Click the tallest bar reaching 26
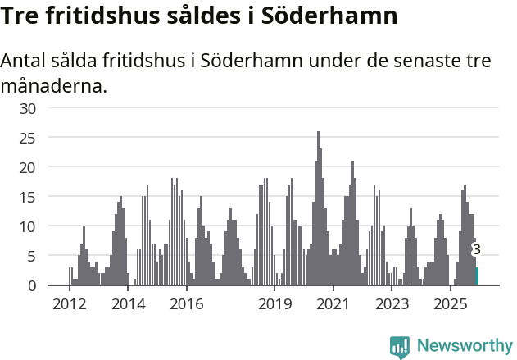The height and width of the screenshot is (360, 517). pos(318,209)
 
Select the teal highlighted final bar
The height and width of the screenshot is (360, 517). pos(478,276)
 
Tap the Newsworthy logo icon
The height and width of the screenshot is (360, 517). pos(400,346)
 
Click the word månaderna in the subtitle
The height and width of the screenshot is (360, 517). pos(54,85)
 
